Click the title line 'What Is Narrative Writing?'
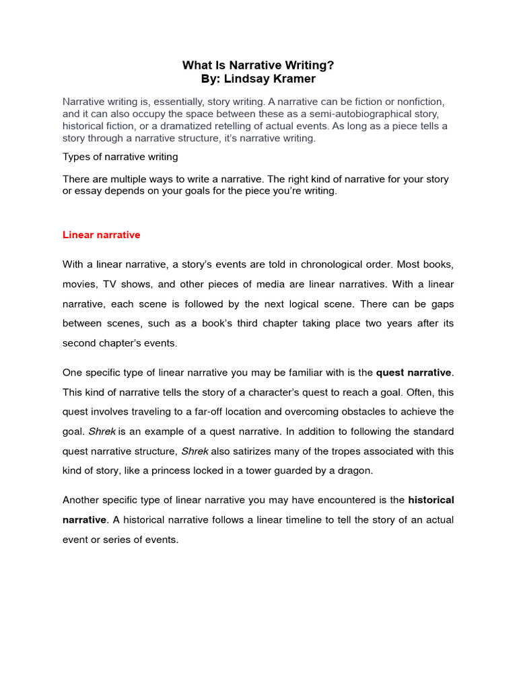click(258, 65)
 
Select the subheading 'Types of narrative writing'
click(120, 157)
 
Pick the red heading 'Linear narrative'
click(101, 235)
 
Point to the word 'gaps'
click(442, 303)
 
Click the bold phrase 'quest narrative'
click(414, 372)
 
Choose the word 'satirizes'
click(255, 450)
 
